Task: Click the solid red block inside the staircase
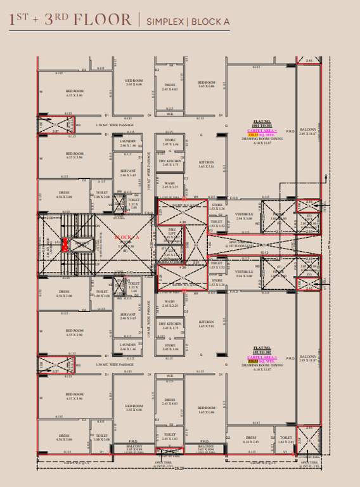click(65, 244)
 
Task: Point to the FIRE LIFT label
click(171, 232)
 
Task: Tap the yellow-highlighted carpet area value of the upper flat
click(252, 135)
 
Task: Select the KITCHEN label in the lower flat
click(206, 323)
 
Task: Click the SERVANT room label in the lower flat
click(127, 315)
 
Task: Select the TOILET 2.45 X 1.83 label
click(169, 437)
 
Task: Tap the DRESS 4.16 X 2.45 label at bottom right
click(251, 439)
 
